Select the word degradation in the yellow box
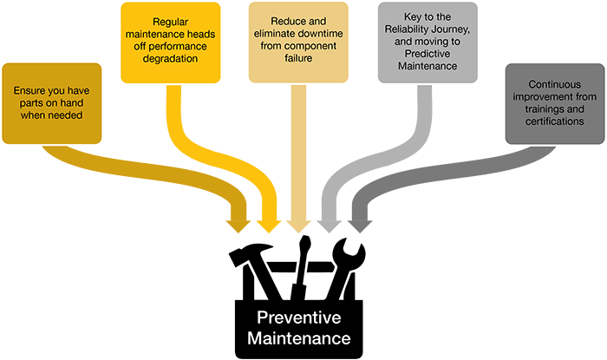pos(170,59)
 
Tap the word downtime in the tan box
pos(320,34)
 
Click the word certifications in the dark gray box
pos(554,121)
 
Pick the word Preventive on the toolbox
pos(299,317)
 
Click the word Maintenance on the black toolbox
pos(299,338)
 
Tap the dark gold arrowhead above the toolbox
pos(238,226)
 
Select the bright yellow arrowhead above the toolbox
pos(269,226)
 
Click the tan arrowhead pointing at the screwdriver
pos(298,226)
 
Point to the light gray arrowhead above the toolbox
pos(329,226)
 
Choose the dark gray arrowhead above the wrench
pos(360,226)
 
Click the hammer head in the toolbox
pos(250,252)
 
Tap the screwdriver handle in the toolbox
pos(305,248)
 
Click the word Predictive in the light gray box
pos(428,54)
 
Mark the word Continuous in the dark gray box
pos(554,84)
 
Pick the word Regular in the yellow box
pos(170,22)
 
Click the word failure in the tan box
pos(298,58)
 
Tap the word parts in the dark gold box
pos(30,103)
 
